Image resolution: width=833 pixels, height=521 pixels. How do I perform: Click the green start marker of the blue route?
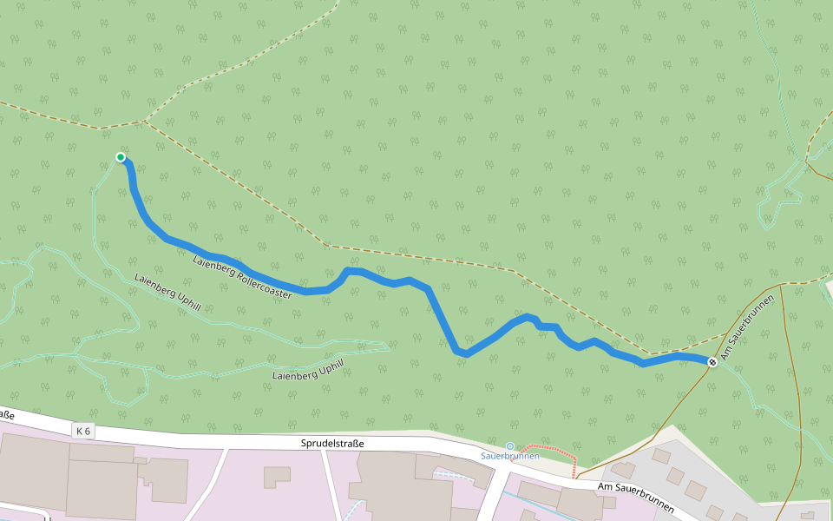tap(121, 157)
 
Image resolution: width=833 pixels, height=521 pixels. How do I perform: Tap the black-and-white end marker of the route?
tap(712, 362)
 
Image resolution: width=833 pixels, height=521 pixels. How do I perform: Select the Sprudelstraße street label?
tap(332, 444)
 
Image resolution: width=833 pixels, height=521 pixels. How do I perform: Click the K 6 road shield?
tap(83, 431)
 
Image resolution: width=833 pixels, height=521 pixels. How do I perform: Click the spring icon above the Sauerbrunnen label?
tap(510, 446)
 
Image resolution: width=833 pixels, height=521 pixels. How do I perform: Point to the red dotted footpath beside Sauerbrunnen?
tap(555, 453)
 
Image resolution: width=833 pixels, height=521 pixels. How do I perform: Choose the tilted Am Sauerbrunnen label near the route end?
tap(745, 333)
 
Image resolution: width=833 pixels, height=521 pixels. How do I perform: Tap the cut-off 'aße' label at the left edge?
tap(7, 415)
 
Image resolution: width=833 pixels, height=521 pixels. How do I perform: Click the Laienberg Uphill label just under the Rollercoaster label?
tap(168, 293)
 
